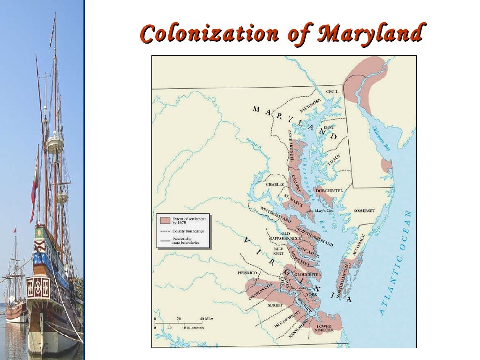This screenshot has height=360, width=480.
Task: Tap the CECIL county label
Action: pos(332,92)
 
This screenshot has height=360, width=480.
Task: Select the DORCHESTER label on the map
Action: pos(329,191)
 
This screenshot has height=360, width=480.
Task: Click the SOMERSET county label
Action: pos(365,211)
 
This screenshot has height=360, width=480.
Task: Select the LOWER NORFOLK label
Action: pos(324,328)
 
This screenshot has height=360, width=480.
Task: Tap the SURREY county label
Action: pos(276,305)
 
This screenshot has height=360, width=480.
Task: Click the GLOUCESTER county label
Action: pos(308,274)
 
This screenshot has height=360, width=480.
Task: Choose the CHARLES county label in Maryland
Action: pos(275,184)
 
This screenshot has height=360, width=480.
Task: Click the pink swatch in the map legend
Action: pos(165,220)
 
